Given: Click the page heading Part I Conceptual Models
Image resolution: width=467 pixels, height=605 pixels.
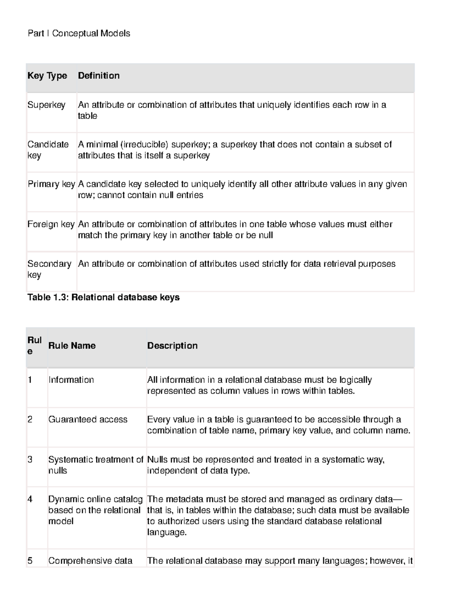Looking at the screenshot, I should pyautogui.click(x=79, y=34).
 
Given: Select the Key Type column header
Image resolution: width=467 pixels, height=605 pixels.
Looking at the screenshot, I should pyautogui.click(x=47, y=76).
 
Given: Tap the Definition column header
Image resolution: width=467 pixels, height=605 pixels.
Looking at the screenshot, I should pyautogui.click(x=98, y=76).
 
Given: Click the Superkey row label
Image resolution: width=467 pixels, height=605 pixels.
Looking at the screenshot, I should pyautogui.click(x=46, y=105).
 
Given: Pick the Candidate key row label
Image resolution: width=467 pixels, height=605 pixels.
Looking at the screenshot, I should pyautogui.click(x=47, y=150).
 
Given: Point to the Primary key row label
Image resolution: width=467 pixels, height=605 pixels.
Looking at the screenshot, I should pyautogui.click(x=51, y=184).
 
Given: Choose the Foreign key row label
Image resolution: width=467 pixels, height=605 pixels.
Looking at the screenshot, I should pyautogui.click(x=51, y=224).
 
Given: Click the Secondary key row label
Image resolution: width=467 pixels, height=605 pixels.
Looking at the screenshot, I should pyautogui.click(x=49, y=269).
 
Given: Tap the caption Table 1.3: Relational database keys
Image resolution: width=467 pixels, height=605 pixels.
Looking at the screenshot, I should pyautogui.click(x=103, y=298).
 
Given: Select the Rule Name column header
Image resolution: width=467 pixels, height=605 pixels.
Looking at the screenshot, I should pyautogui.click(x=72, y=346).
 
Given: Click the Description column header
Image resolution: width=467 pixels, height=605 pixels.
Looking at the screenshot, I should pyautogui.click(x=172, y=346).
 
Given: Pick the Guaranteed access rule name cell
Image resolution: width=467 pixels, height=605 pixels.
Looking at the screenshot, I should pyautogui.click(x=88, y=420).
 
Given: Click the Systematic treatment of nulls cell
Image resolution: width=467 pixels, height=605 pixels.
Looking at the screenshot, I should pyautogui.click(x=95, y=465).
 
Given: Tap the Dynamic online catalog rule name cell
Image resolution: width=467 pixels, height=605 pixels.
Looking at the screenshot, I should pyautogui.click(x=95, y=510).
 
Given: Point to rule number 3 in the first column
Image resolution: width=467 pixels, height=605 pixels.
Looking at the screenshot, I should pyautogui.click(x=30, y=460).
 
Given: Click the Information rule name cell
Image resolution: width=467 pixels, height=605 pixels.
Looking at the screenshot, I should pyautogui.click(x=71, y=380).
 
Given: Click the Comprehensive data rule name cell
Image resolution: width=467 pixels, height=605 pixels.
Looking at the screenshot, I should pyautogui.click(x=90, y=561).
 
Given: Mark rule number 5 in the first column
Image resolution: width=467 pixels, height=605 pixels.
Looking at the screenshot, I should pyautogui.click(x=30, y=561).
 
